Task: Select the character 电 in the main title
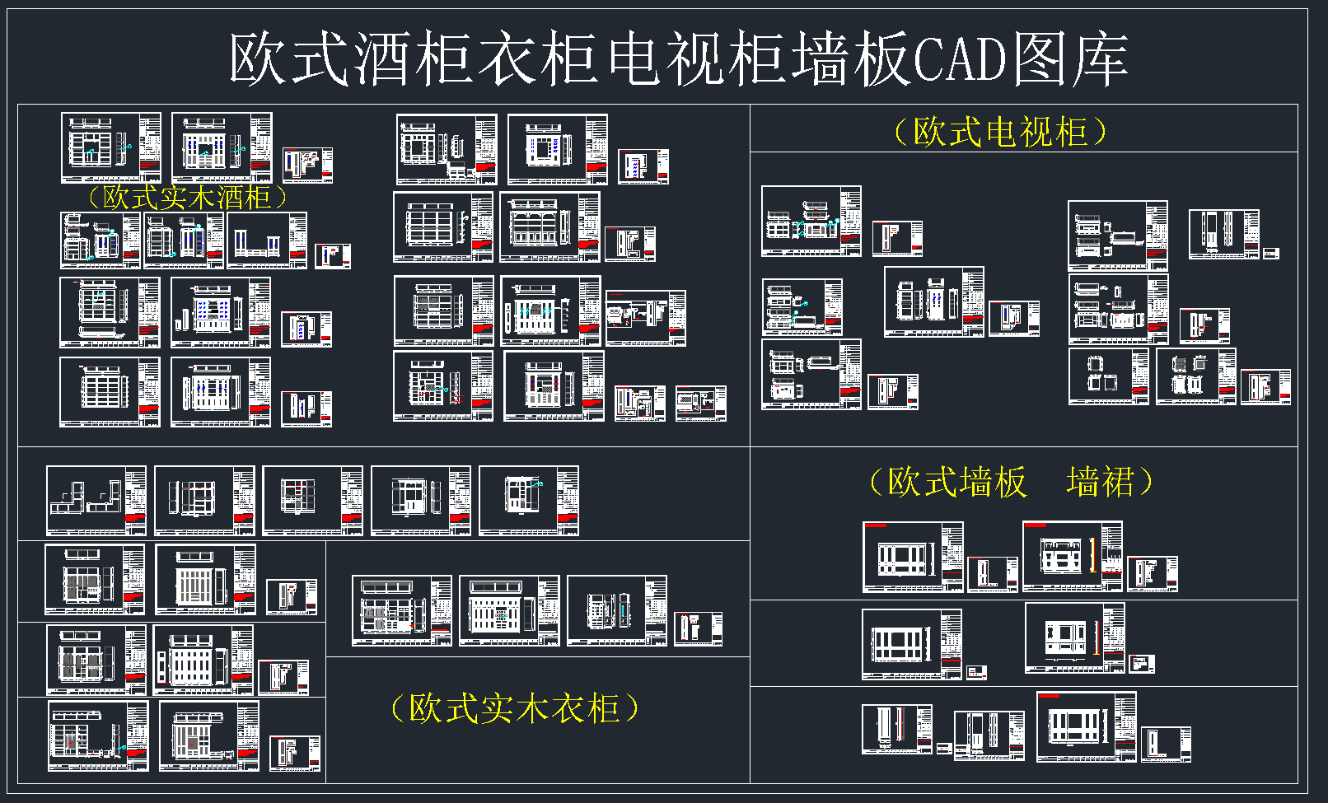point(634,59)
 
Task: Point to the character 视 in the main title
point(694,59)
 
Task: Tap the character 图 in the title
point(1040,59)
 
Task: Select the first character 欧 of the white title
point(259,59)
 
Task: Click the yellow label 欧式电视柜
point(1001,132)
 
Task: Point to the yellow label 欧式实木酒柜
point(187,198)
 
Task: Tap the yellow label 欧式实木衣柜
point(515,708)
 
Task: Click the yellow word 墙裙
point(1101,482)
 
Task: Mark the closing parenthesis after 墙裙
point(1145,482)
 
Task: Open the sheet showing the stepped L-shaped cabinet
point(96,501)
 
